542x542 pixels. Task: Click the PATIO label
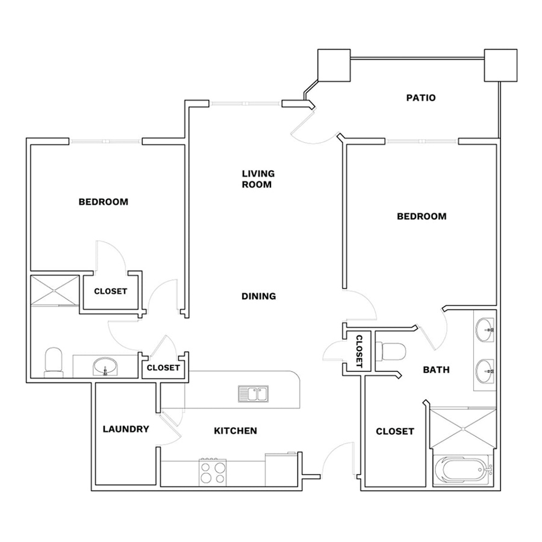point(421,98)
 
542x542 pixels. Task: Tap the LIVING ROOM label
point(258,179)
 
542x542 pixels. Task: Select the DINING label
point(258,296)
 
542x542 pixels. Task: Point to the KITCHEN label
point(235,431)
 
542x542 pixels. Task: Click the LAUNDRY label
point(126,429)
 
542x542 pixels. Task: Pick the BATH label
point(436,370)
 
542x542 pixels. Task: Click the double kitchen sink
point(254,394)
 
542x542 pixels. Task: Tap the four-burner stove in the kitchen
point(213,473)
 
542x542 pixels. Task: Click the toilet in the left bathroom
point(54,363)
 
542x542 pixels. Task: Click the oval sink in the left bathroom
point(105,366)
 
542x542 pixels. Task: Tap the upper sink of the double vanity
point(485,330)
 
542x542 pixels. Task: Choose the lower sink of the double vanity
point(485,371)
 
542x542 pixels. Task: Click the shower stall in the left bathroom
point(55,290)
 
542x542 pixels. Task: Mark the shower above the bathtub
point(463,429)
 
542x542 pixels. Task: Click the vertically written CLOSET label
point(359,351)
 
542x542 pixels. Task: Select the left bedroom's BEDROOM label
point(104,202)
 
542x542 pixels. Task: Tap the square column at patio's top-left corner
point(334,65)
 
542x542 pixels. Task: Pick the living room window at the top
point(245,104)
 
